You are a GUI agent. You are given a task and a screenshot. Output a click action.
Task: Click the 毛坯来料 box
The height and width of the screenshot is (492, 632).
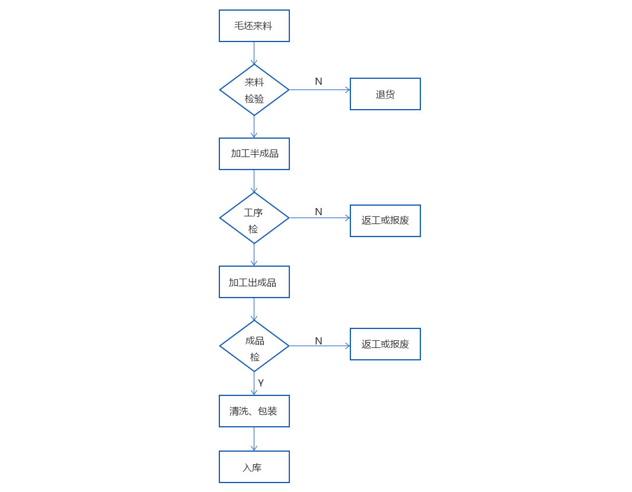coord(254,26)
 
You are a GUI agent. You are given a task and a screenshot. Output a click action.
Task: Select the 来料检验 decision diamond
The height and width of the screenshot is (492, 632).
coord(254,90)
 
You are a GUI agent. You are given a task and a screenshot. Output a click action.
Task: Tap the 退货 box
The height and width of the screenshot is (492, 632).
coord(385,94)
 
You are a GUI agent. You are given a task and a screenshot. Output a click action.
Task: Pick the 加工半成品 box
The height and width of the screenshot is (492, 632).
coord(254,154)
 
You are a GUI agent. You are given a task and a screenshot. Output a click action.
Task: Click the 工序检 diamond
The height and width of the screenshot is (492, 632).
coord(254,218)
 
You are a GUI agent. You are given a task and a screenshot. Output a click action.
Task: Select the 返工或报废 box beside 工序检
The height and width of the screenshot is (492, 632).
coord(385,221)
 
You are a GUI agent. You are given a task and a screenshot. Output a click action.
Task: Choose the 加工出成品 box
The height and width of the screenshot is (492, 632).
coord(254,282)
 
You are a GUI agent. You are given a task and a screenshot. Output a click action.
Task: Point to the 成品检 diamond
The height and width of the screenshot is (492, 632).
coord(254,346)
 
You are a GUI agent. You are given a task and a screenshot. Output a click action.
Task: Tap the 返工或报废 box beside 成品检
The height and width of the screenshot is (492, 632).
coord(385,344)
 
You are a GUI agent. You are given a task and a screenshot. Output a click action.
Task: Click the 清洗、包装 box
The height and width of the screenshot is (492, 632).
coord(254,411)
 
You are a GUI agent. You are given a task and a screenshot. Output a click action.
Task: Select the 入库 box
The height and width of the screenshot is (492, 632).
coord(254,467)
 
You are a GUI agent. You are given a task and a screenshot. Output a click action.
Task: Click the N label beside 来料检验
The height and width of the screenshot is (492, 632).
coord(318,82)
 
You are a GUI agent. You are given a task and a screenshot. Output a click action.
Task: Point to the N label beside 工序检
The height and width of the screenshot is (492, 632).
coord(318,212)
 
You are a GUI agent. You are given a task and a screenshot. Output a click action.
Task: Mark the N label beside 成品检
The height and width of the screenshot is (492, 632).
coord(318,341)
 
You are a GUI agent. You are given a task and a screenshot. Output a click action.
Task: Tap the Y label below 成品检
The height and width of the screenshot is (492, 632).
coord(261,383)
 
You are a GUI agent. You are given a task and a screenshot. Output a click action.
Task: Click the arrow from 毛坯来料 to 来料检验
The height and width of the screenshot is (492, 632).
coord(254,53)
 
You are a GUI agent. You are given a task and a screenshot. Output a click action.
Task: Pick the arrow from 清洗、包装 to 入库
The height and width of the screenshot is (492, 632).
coord(254,439)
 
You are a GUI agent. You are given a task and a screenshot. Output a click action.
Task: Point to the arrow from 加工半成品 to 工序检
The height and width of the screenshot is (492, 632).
coord(254,181)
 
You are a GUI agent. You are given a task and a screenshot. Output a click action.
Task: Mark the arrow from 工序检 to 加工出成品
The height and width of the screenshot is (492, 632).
coord(254,254)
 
